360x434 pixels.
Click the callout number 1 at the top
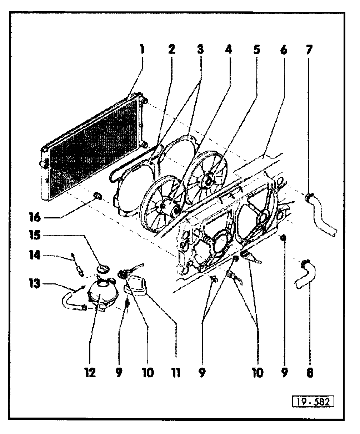tap(142, 49)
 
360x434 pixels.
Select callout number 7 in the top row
tap(309, 49)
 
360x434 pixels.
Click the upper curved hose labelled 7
tap(321, 214)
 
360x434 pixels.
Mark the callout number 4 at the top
tap(227, 49)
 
